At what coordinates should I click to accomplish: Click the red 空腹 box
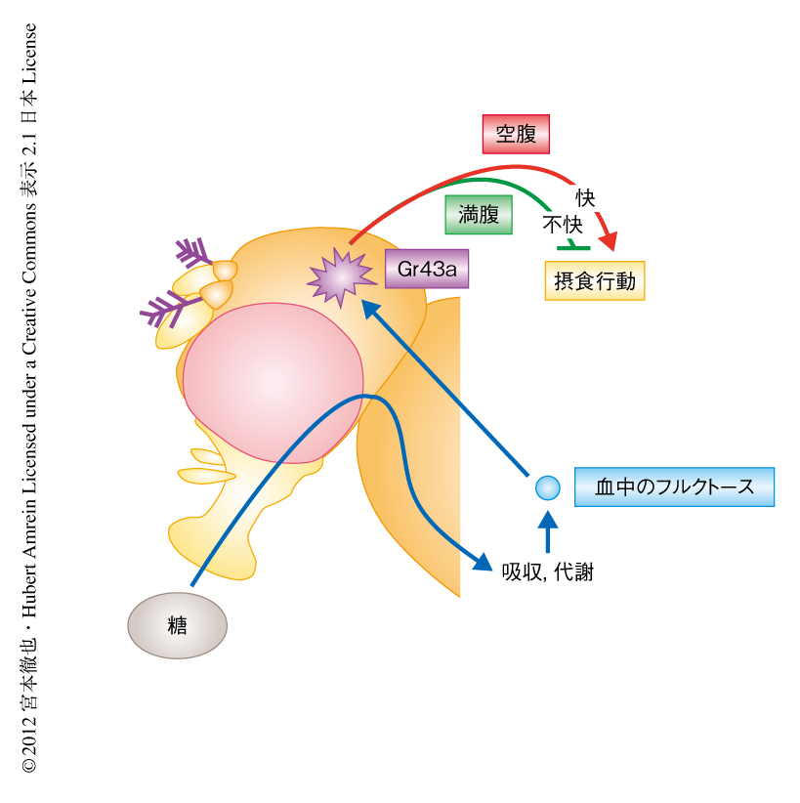pyautogui.click(x=516, y=134)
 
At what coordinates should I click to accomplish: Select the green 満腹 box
pyautogui.click(x=478, y=214)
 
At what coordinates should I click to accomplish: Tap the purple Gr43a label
pyautogui.click(x=426, y=269)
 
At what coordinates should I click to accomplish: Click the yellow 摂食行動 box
pyautogui.click(x=594, y=281)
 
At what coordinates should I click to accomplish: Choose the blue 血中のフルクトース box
pyautogui.click(x=674, y=486)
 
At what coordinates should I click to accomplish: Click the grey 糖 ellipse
pyautogui.click(x=177, y=625)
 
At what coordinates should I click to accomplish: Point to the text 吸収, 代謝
pyautogui.click(x=547, y=572)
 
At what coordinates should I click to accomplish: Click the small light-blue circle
pyautogui.click(x=548, y=486)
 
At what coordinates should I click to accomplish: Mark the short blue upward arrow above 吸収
pyautogui.click(x=548, y=531)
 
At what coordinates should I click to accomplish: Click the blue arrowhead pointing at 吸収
pyautogui.click(x=483, y=561)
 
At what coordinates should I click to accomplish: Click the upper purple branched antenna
pyautogui.click(x=195, y=252)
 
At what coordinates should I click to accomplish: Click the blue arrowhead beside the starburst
pyautogui.click(x=367, y=308)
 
